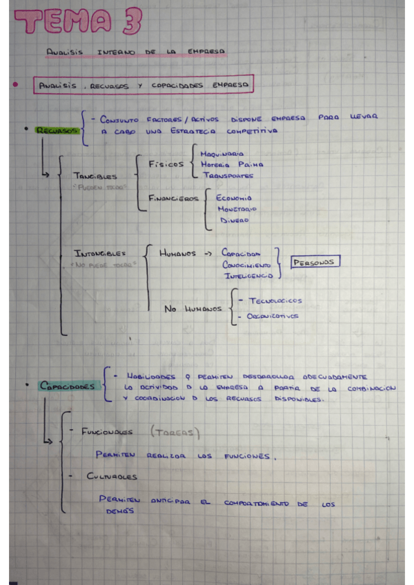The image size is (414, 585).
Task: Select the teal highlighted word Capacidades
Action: click(66, 386)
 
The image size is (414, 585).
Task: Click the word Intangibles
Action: click(100, 253)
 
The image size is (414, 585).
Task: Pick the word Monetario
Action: click(236, 208)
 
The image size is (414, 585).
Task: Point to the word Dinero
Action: click(235, 221)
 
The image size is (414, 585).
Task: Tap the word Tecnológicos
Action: click(275, 301)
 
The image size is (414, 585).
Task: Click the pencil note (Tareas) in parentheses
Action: click(174, 433)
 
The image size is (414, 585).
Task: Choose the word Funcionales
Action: click(107, 433)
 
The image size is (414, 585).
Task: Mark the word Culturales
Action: click(111, 477)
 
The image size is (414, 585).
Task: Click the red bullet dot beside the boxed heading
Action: click(14, 85)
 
